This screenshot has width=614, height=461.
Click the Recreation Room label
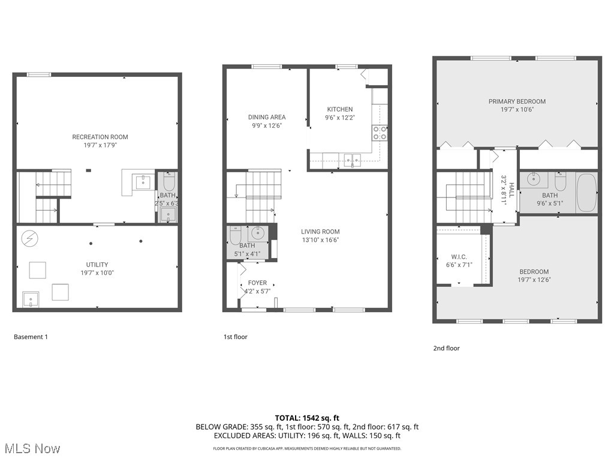click(x=100, y=137)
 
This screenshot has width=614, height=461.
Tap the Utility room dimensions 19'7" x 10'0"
click(x=97, y=273)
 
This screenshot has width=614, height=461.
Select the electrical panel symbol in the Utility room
click(x=28, y=238)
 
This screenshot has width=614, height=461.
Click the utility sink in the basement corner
click(x=31, y=298)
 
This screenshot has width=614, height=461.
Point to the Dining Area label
click(x=267, y=117)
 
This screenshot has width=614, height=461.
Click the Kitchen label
click(x=339, y=109)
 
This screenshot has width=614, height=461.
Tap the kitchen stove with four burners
click(x=380, y=133)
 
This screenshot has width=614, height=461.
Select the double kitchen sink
click(x=351, y=159)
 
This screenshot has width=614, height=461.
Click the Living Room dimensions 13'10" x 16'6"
click(x=320, y=240)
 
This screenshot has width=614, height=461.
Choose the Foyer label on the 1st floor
click(x=257, y=283)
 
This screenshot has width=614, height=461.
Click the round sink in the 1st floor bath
click(x=258, y=233)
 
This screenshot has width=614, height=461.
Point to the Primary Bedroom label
click(x=517, y=101)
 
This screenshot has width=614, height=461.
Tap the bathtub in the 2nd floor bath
click(x=586, y=193)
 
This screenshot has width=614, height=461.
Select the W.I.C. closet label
click(x=459, y=256)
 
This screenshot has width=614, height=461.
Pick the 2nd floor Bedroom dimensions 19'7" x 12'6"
click(x=534, y=280)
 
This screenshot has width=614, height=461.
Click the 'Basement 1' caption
click(x=31, y=337)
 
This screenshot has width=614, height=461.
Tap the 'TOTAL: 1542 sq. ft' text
click(x=307, y=418)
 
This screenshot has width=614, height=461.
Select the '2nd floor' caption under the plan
click(x=446, y=348)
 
